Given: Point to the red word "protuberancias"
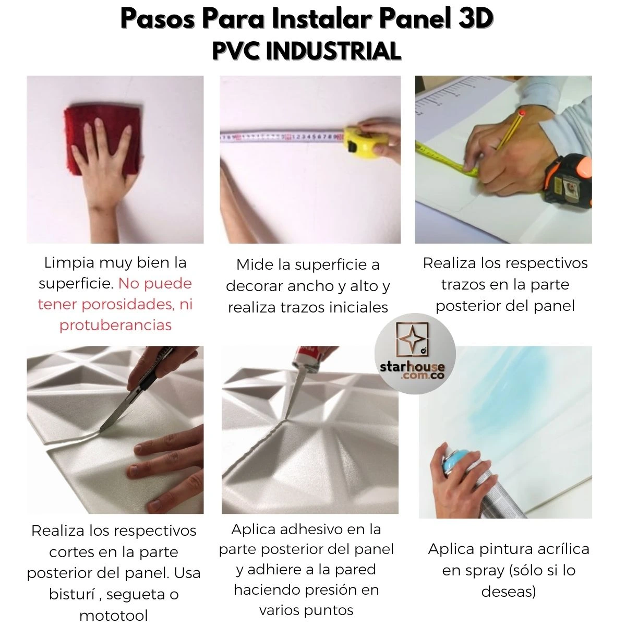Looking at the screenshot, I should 115,325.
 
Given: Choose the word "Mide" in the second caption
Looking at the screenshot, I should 255,265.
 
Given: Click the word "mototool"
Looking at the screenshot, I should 114,616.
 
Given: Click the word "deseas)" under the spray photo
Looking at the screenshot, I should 509,592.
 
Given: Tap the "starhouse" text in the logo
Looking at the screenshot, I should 412,367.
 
